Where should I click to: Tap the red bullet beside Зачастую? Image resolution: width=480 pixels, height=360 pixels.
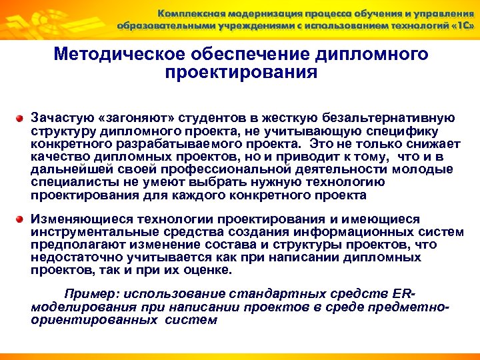21,117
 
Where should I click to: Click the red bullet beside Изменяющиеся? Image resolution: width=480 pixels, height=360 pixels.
21,219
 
